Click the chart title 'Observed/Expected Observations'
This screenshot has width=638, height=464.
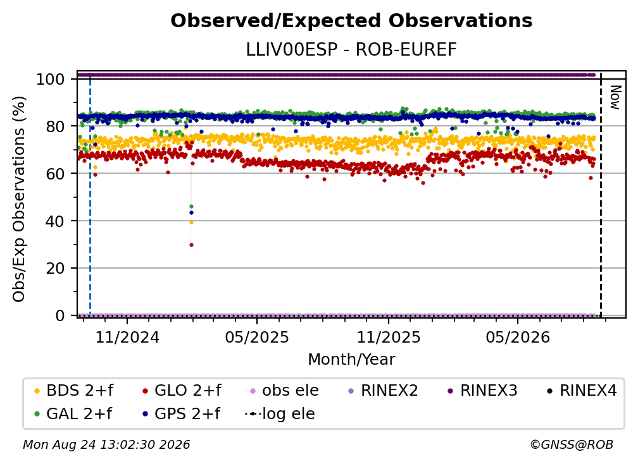point(351,21)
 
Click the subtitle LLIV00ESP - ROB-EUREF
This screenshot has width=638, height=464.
point(351,50)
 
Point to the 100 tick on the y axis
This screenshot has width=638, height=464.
point(51,79)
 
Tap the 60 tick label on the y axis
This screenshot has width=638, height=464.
point(55,174)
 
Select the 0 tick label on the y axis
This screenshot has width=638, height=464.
point(60,315)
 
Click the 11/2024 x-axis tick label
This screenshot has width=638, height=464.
point(127,338)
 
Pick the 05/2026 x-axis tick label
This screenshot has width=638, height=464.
point(518,338)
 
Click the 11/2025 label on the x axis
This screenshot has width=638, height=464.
point(389,338)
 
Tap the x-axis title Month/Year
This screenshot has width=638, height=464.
point(351,360)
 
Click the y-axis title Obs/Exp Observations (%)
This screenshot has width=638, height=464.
point(19,199)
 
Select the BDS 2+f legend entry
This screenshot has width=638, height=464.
point(73,391)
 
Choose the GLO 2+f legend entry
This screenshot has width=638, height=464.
point(182,391)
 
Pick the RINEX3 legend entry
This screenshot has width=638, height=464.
point(482,391)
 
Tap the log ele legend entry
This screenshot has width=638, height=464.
point(280,414)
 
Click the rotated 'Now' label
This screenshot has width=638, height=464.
point(615,97)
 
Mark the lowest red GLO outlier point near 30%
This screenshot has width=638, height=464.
point(191,245)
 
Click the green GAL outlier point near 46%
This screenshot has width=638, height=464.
point(191,207)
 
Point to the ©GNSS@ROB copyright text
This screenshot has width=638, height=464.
point(572,444)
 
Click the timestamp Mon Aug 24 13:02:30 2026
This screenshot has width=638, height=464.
point(106,444)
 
